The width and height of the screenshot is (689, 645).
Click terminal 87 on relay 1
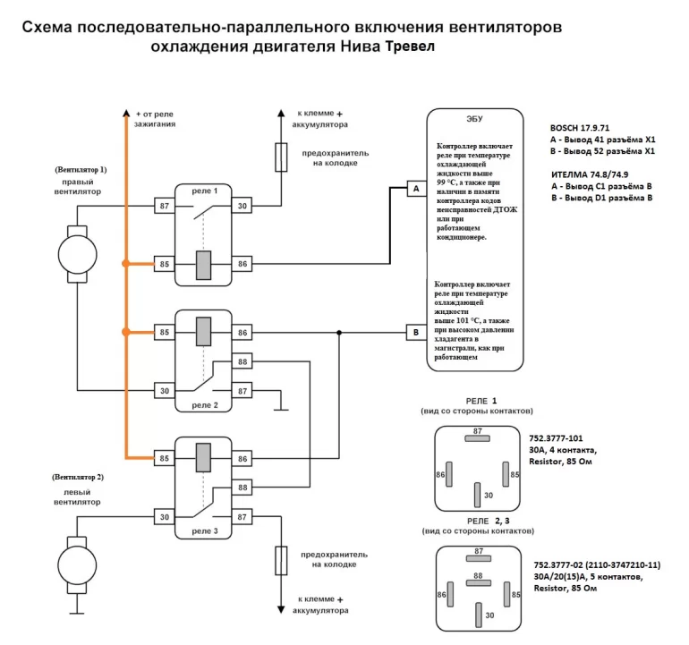pyautogui.click(x=164, y=207)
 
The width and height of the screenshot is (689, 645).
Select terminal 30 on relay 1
pyautogui.click(x=242, y=207)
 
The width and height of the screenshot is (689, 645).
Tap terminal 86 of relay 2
pyautogui.click(x=242, y=333)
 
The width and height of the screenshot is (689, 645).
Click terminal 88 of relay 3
pyautogui.click(x=242, y=487)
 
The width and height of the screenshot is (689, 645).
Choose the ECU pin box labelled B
pyautogui.click(x=415, y=333)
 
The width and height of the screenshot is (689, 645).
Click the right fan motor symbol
pyautogui.click(x=78, y=250)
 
